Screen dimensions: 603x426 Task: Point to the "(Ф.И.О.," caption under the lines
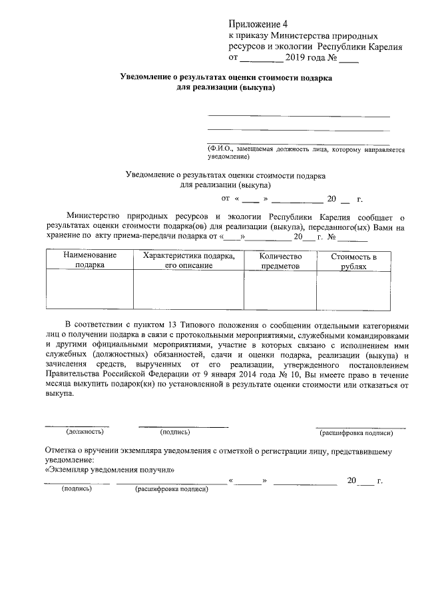tap(220, 150)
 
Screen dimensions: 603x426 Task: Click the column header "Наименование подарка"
tap(90, 260)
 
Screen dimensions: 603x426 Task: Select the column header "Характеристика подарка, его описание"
tap(189, 260)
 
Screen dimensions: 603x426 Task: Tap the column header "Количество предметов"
tap(280, 260)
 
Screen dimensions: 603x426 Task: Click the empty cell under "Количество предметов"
tap(280, 290)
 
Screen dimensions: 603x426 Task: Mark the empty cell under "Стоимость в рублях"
tap(353, 290)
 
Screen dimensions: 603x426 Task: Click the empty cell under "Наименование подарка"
tap(90, 290)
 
